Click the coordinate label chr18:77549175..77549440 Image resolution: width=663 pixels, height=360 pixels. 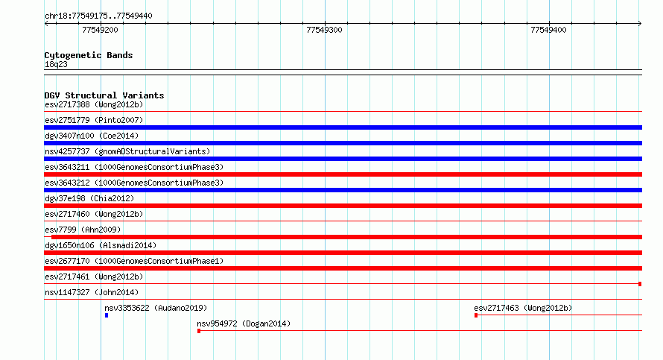click(98, 16)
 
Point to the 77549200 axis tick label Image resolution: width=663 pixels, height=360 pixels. click(101, 30)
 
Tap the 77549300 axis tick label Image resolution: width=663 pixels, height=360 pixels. click(324, 30)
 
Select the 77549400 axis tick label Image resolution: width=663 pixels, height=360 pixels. click(548, 30)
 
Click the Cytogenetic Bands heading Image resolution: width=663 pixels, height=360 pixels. click(89, 55)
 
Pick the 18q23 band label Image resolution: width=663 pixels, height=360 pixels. click(56, 65)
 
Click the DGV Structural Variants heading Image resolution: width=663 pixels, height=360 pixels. click(104, 95)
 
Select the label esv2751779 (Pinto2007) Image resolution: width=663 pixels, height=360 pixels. click(94, 120)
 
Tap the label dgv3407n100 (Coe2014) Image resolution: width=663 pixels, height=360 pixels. click(92, 136)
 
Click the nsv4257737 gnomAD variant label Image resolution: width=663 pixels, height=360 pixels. click(127, 151)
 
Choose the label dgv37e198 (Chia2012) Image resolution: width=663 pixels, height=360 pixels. click(89, 198)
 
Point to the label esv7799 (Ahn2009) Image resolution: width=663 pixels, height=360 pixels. click(83, 230)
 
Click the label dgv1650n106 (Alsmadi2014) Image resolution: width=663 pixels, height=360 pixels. click(101, 245)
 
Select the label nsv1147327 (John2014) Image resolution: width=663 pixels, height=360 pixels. click(92, 292)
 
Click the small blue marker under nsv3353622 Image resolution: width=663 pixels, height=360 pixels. click(107, 315)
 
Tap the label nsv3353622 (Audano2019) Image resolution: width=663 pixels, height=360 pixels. click(156, 308)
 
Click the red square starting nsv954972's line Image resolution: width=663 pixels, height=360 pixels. click(199, 331)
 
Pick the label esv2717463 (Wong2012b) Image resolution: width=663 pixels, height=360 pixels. click(523, 308)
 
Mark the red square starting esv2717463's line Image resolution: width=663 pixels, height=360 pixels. click(476, 315)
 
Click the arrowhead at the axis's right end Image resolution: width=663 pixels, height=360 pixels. click(640, 23)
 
